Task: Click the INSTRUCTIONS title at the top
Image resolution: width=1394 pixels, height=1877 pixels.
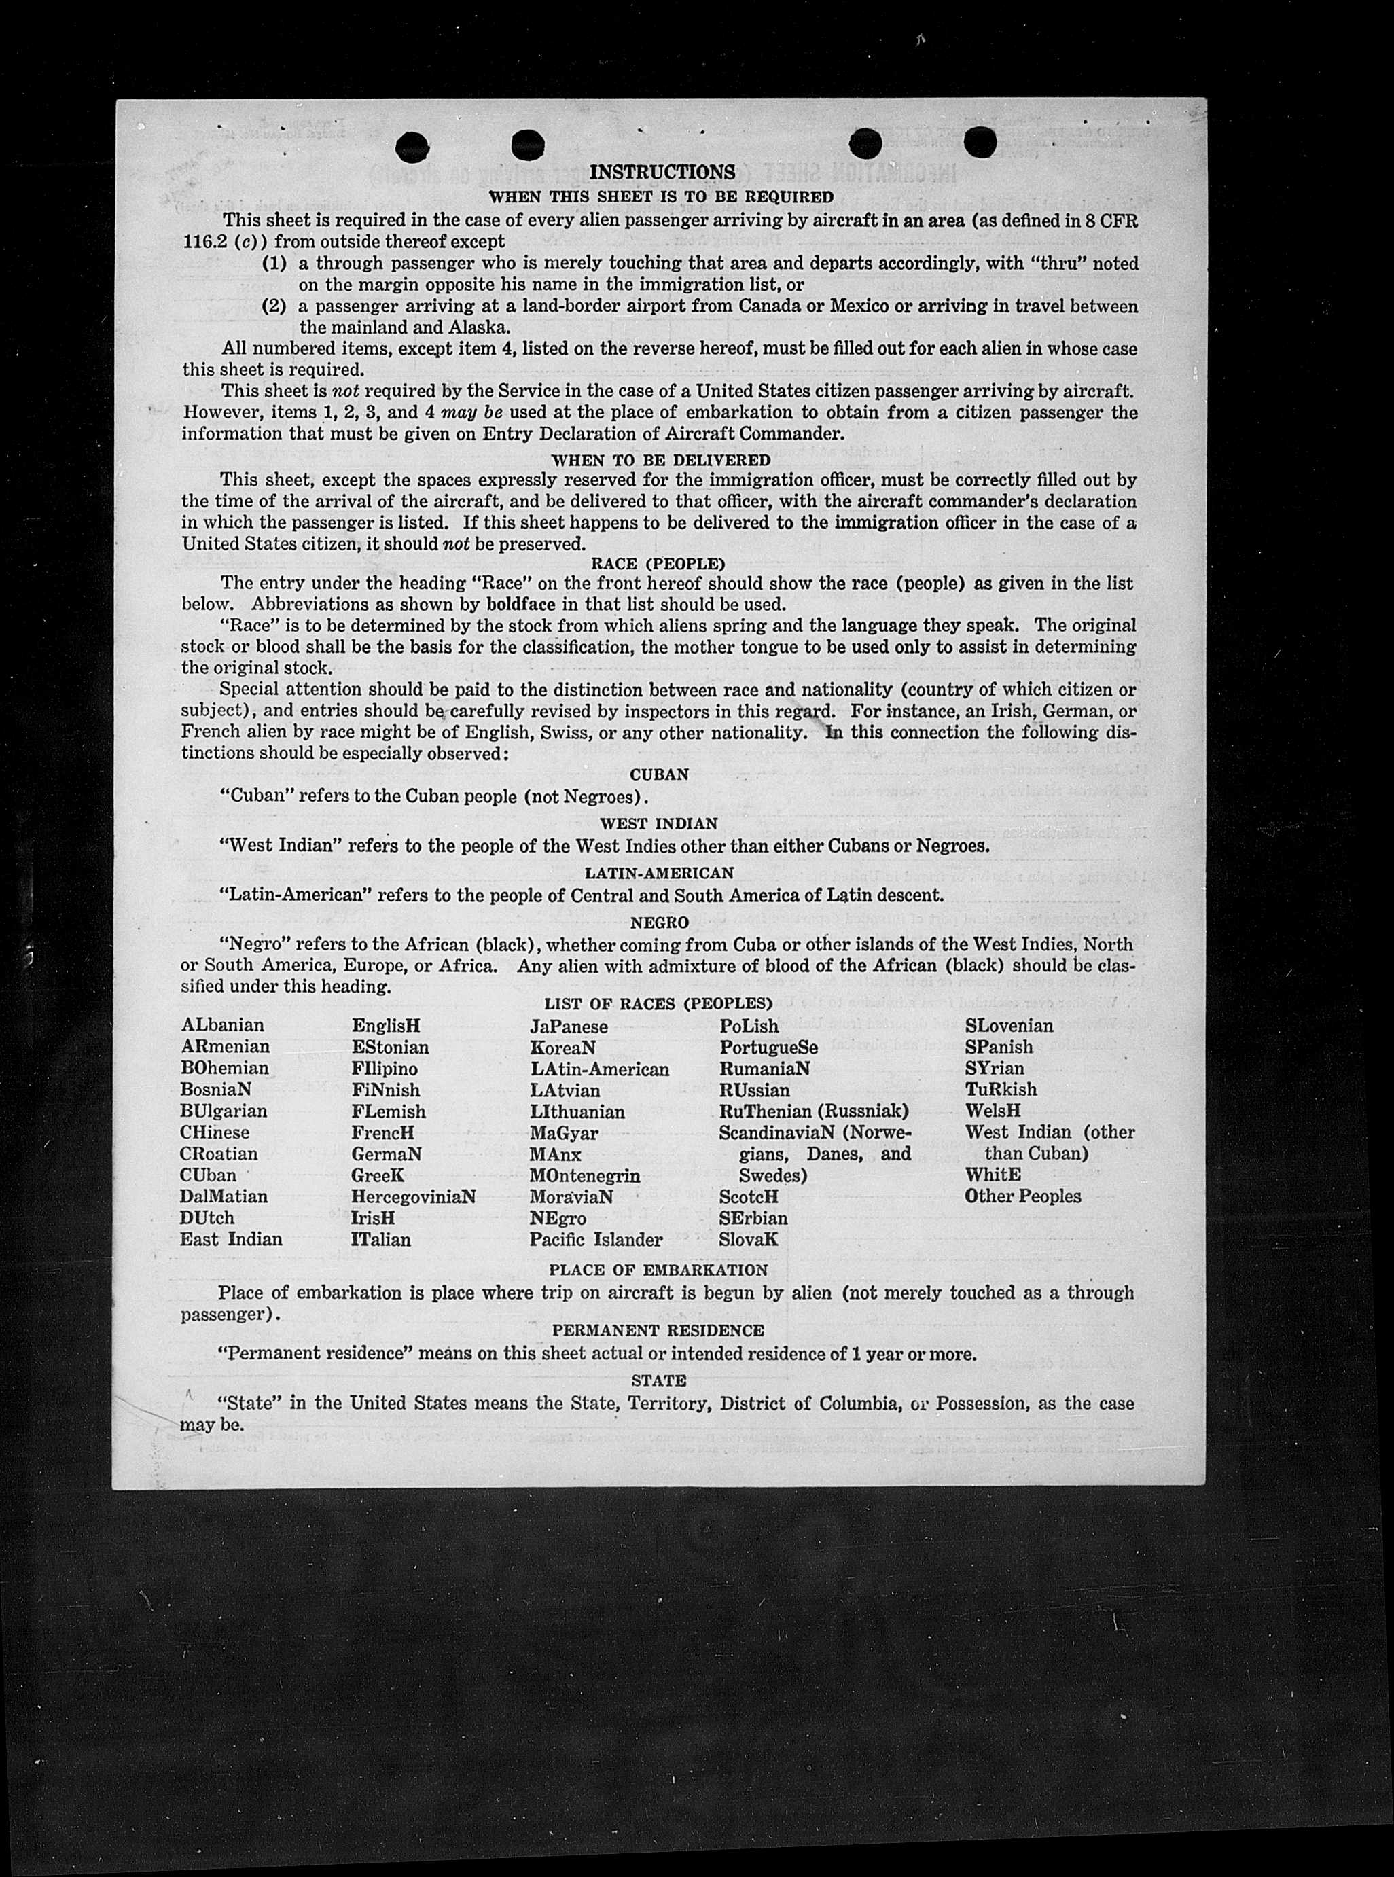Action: click(662, 172)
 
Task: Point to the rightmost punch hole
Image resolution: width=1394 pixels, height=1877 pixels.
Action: click(980, 142)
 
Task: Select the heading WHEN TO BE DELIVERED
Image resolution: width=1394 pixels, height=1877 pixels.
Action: click(661, 460)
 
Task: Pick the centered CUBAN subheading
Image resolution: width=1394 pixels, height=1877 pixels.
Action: click(659, 774)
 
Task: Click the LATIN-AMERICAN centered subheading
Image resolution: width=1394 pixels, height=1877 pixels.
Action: click(659, 872)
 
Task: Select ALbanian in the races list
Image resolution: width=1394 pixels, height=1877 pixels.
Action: click(222, 1025)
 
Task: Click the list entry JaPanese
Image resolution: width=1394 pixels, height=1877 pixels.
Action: click(569, 1026)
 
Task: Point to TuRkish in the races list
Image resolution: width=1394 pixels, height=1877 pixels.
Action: click(1001, 1089)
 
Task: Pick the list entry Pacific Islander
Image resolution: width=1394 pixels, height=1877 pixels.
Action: click(596, 1239)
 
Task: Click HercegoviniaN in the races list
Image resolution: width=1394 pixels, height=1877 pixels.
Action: click(414, 1196)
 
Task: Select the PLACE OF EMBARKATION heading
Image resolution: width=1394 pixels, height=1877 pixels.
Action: click(658, 1270)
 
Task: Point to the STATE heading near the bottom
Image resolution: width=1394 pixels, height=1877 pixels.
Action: click(658, 1380)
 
